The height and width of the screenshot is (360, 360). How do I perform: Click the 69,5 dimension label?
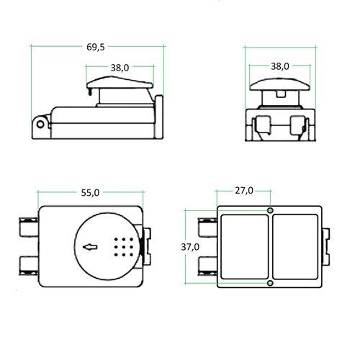[96, 47]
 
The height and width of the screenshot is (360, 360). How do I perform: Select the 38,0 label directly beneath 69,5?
[120, 68]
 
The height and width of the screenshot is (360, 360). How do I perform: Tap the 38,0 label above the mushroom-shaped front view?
[280, 66]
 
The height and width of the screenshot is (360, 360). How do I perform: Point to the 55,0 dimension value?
[90, 193]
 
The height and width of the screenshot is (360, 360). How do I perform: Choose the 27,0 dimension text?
[244, 191]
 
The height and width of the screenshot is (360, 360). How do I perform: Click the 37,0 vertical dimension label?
[190, 247]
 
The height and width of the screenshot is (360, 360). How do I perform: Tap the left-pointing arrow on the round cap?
[90, 247]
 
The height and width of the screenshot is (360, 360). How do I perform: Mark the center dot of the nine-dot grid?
[124, 247]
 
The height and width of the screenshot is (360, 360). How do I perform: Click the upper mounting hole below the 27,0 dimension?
[270, 210]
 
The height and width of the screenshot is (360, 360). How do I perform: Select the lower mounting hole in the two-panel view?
[270, 283]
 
